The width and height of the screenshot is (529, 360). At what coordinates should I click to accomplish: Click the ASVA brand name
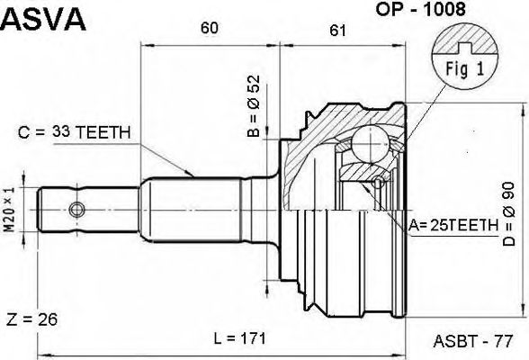pos(43,19)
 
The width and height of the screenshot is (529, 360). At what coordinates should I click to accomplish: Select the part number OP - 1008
pos(421,9)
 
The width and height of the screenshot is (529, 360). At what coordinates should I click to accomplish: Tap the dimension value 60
pos(209,28)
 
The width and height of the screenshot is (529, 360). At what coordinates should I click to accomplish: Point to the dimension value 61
pos(337,31)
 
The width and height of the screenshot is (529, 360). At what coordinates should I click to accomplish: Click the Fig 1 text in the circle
pos(465,68)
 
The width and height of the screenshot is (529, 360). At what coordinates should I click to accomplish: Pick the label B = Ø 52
pos(254,106)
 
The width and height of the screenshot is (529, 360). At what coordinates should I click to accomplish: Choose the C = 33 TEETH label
pos(74,132)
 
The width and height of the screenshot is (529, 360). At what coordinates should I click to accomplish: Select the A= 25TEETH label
pos(453,225)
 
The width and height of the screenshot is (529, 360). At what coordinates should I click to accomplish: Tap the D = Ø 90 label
pos(509,214)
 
